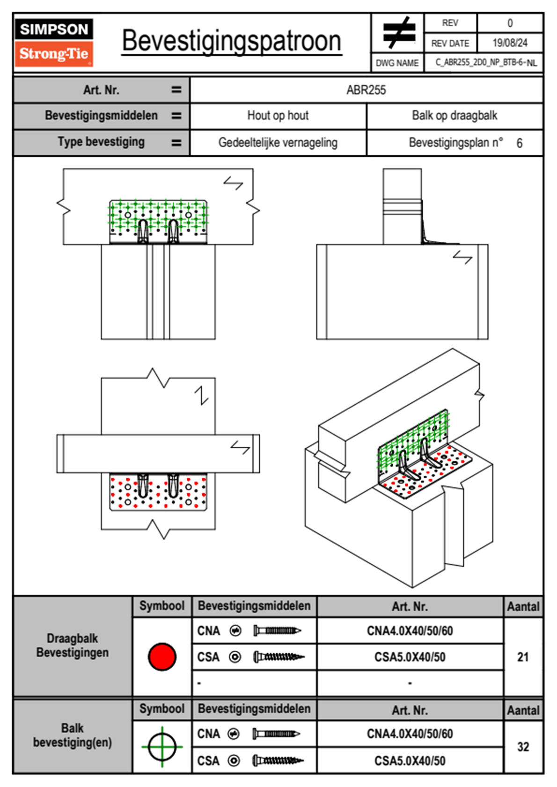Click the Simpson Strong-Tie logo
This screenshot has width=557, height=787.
click(x=54, y=42)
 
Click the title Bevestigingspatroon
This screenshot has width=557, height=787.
click(x=231, y=41)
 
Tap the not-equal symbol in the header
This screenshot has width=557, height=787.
click(x=398, y=33)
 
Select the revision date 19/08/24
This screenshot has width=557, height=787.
click(x=510, y=43)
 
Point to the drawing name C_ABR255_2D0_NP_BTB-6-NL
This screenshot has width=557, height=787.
click(x=485, y=63)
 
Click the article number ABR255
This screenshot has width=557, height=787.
click(x=366, y=90)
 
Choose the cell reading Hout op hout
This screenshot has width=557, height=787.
click(x=278, y=116)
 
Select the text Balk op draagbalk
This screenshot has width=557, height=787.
click(x=454, y=116)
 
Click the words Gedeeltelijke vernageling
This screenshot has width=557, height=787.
click(x=278, y=143)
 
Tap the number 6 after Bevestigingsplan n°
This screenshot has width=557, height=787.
click(x=520, y=143)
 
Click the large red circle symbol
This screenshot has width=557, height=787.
click(x=162, y=656)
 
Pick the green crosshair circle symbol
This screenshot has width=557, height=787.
click(x=162, y=747)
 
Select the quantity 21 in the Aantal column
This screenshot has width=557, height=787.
click(x=523, y=657)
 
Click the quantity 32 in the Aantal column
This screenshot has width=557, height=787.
click(x=523, y=747)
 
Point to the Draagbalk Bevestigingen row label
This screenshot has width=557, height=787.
click(x=73, y=645)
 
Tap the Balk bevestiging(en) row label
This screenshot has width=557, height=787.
click(x=73, y=735)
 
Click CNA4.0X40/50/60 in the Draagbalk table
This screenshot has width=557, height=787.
click(x=410, y=631)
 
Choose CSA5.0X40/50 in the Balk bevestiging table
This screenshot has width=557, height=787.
click(x=410, y=761)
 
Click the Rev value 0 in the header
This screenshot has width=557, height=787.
click(x=510, y=23)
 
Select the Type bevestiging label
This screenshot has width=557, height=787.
click(x=101, y=142)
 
